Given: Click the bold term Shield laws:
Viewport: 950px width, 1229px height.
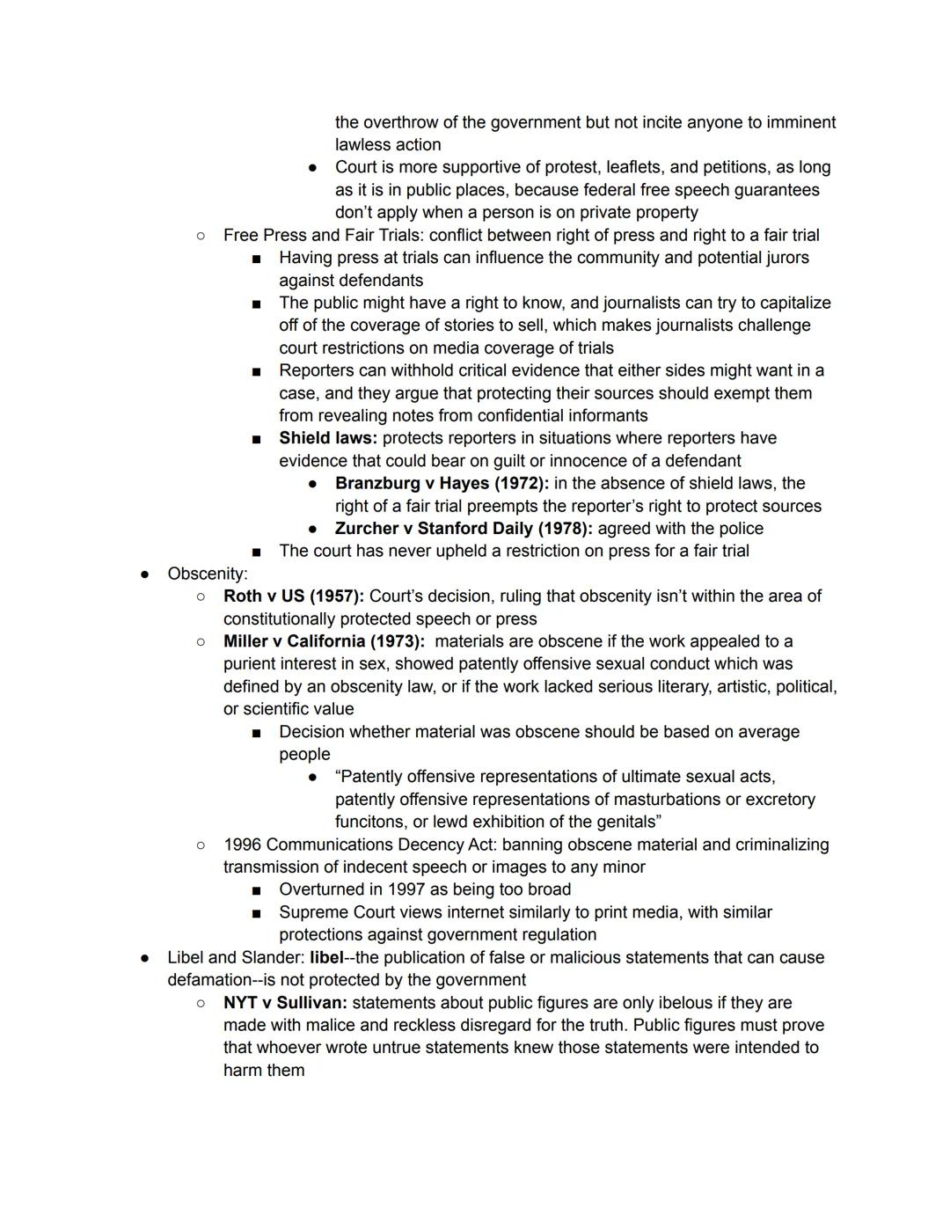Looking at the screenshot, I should click(328, 438).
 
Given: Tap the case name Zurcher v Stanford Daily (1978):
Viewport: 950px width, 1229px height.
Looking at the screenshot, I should click(464, 529).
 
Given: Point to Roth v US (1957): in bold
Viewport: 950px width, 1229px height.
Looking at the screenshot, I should click(294, 596).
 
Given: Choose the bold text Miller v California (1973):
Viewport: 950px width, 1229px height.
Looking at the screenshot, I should click(324, 641).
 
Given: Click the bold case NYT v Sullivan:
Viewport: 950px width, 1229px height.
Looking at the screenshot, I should click(285, 1003).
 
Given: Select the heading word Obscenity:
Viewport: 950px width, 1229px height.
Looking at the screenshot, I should click(208, 574).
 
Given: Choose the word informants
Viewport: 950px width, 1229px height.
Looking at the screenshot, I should click(604, 415).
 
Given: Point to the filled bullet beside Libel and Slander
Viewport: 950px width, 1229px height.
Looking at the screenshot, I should click(144, 958).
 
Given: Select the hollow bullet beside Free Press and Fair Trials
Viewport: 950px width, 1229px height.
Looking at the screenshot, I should click(201, 235).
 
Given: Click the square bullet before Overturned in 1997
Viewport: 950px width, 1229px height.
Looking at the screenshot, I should click(256, 890).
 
